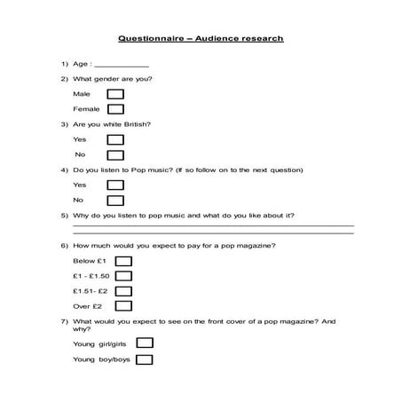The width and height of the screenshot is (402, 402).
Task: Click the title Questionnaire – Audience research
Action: click(x=201, y=39)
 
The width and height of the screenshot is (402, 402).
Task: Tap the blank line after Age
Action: click(x=122, y=66)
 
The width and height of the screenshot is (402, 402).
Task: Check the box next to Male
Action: click(x=115, y=93)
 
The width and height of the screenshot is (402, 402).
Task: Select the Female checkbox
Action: click(x=115, y=109)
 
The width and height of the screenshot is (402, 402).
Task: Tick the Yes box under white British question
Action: click(x=115, y=139)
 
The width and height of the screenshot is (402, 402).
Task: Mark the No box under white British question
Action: click(x=115, y=155)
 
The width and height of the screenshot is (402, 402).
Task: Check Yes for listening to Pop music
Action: click(x=115, y=185)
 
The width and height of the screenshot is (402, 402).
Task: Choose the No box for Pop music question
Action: click(x=115, y=201)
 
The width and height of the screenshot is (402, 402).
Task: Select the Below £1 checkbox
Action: click(x=124, y=261)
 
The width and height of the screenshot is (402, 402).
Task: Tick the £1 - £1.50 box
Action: click(x=124, y=276)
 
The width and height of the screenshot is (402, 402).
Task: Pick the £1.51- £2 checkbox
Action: click(x=124, y=291)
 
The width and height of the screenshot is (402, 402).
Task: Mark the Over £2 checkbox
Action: click(x=124, y=306)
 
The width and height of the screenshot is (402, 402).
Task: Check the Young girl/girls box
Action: click(x=145, y=343)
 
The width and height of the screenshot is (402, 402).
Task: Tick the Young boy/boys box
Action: click(x=145, y=359)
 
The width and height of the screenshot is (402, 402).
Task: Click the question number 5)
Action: click(x=65, y=216)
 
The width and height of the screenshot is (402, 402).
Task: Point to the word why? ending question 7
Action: click(x=82, y=328)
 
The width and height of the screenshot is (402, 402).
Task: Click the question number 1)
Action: click(x=65, y=64)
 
